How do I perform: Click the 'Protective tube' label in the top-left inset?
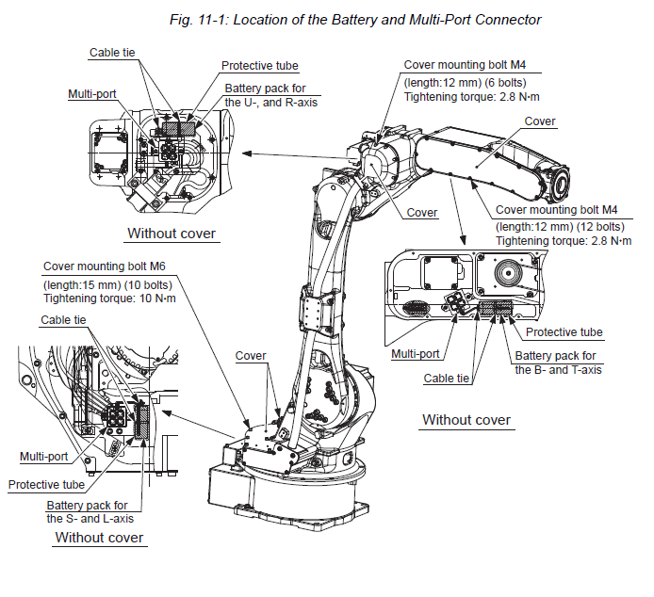pos(260,66)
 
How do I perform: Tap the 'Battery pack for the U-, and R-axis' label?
pos(270,94)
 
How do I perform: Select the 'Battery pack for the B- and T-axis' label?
pos(556,363)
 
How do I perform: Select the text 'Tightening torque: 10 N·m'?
pos(110,298)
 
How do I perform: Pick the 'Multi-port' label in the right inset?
pos(415,354)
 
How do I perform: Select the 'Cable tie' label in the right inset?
pos(447,378)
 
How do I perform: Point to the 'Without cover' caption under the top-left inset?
pos(172,234)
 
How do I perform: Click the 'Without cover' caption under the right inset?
pos(466,420)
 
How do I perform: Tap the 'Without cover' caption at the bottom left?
pos(100,538)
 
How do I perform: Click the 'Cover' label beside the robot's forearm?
pos(540,121)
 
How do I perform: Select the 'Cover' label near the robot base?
pos(251,356)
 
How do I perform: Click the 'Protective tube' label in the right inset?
pos(564,332)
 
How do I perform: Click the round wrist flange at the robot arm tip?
pos(559,179)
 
